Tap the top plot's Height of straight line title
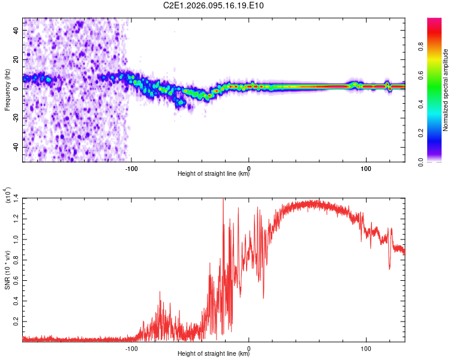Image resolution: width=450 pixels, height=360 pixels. click(214, 174)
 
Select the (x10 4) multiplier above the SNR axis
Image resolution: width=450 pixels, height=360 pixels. click(7, 196)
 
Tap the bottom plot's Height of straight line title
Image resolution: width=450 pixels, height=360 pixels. click(214, 354)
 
